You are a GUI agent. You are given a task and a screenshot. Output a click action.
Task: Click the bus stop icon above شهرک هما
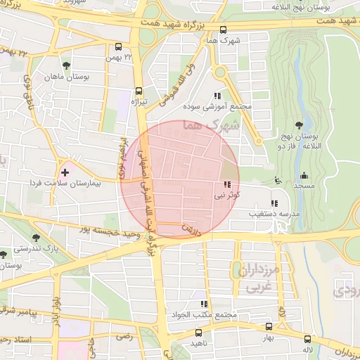tap(224, 30)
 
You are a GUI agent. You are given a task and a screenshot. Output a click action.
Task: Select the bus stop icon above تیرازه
tap(139, 91)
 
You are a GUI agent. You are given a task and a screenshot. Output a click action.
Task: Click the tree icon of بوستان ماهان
tap(66, 65)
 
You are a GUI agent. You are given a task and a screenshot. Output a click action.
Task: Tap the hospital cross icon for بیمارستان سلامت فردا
tap(65, 172)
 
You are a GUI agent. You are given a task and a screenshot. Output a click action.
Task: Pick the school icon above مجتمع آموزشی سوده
tap(217, 96)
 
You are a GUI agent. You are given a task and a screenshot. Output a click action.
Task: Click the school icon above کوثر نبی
tap(226, 185)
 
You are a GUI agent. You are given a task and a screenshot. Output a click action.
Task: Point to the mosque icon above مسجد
tap(304, 175)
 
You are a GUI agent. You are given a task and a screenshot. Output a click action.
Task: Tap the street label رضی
tap(124, 337)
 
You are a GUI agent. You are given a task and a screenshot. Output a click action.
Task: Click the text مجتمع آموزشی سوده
tap(217, 107)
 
